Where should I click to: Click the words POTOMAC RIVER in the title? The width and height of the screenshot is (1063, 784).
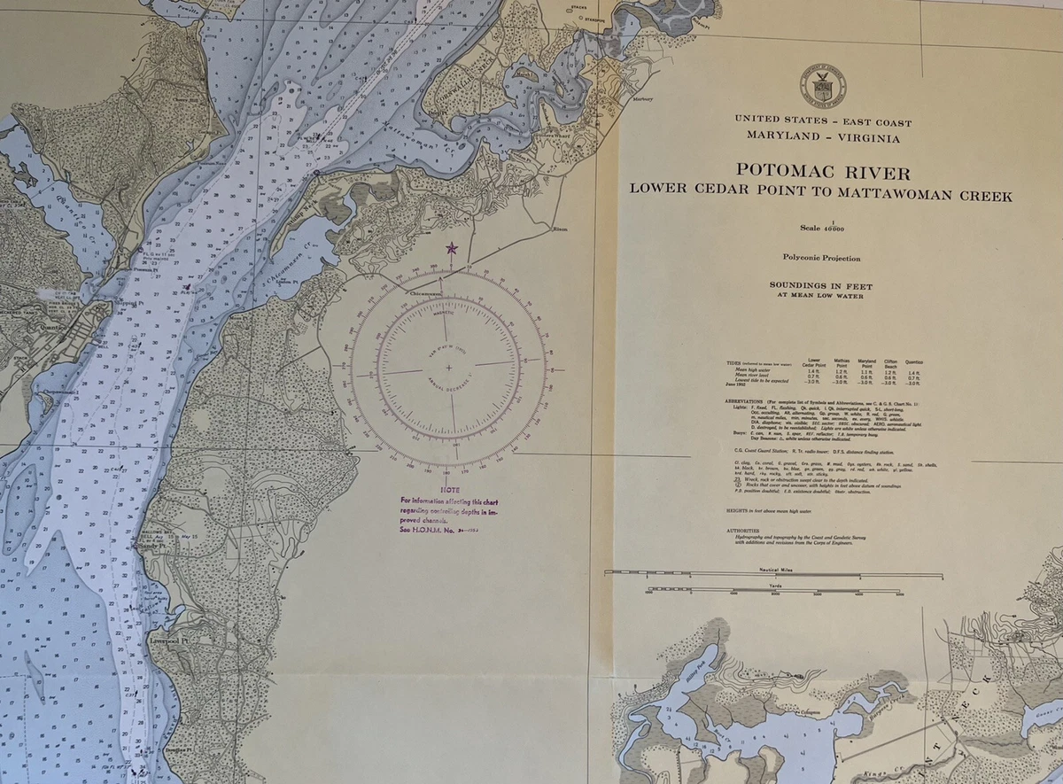click(821, 172)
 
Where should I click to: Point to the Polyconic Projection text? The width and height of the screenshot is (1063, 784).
click(821, 258)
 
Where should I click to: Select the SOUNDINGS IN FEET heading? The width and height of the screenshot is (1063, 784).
click(821, 286)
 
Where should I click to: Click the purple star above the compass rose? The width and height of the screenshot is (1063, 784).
click(452, 249)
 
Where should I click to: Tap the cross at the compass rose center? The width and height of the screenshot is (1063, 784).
click(448, 367)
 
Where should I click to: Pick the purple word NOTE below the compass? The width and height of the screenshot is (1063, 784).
click(450, 489)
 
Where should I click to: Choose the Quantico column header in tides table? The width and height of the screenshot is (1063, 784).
click(914, 361)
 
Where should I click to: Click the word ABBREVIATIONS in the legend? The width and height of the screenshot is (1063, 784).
click(752, 400)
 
